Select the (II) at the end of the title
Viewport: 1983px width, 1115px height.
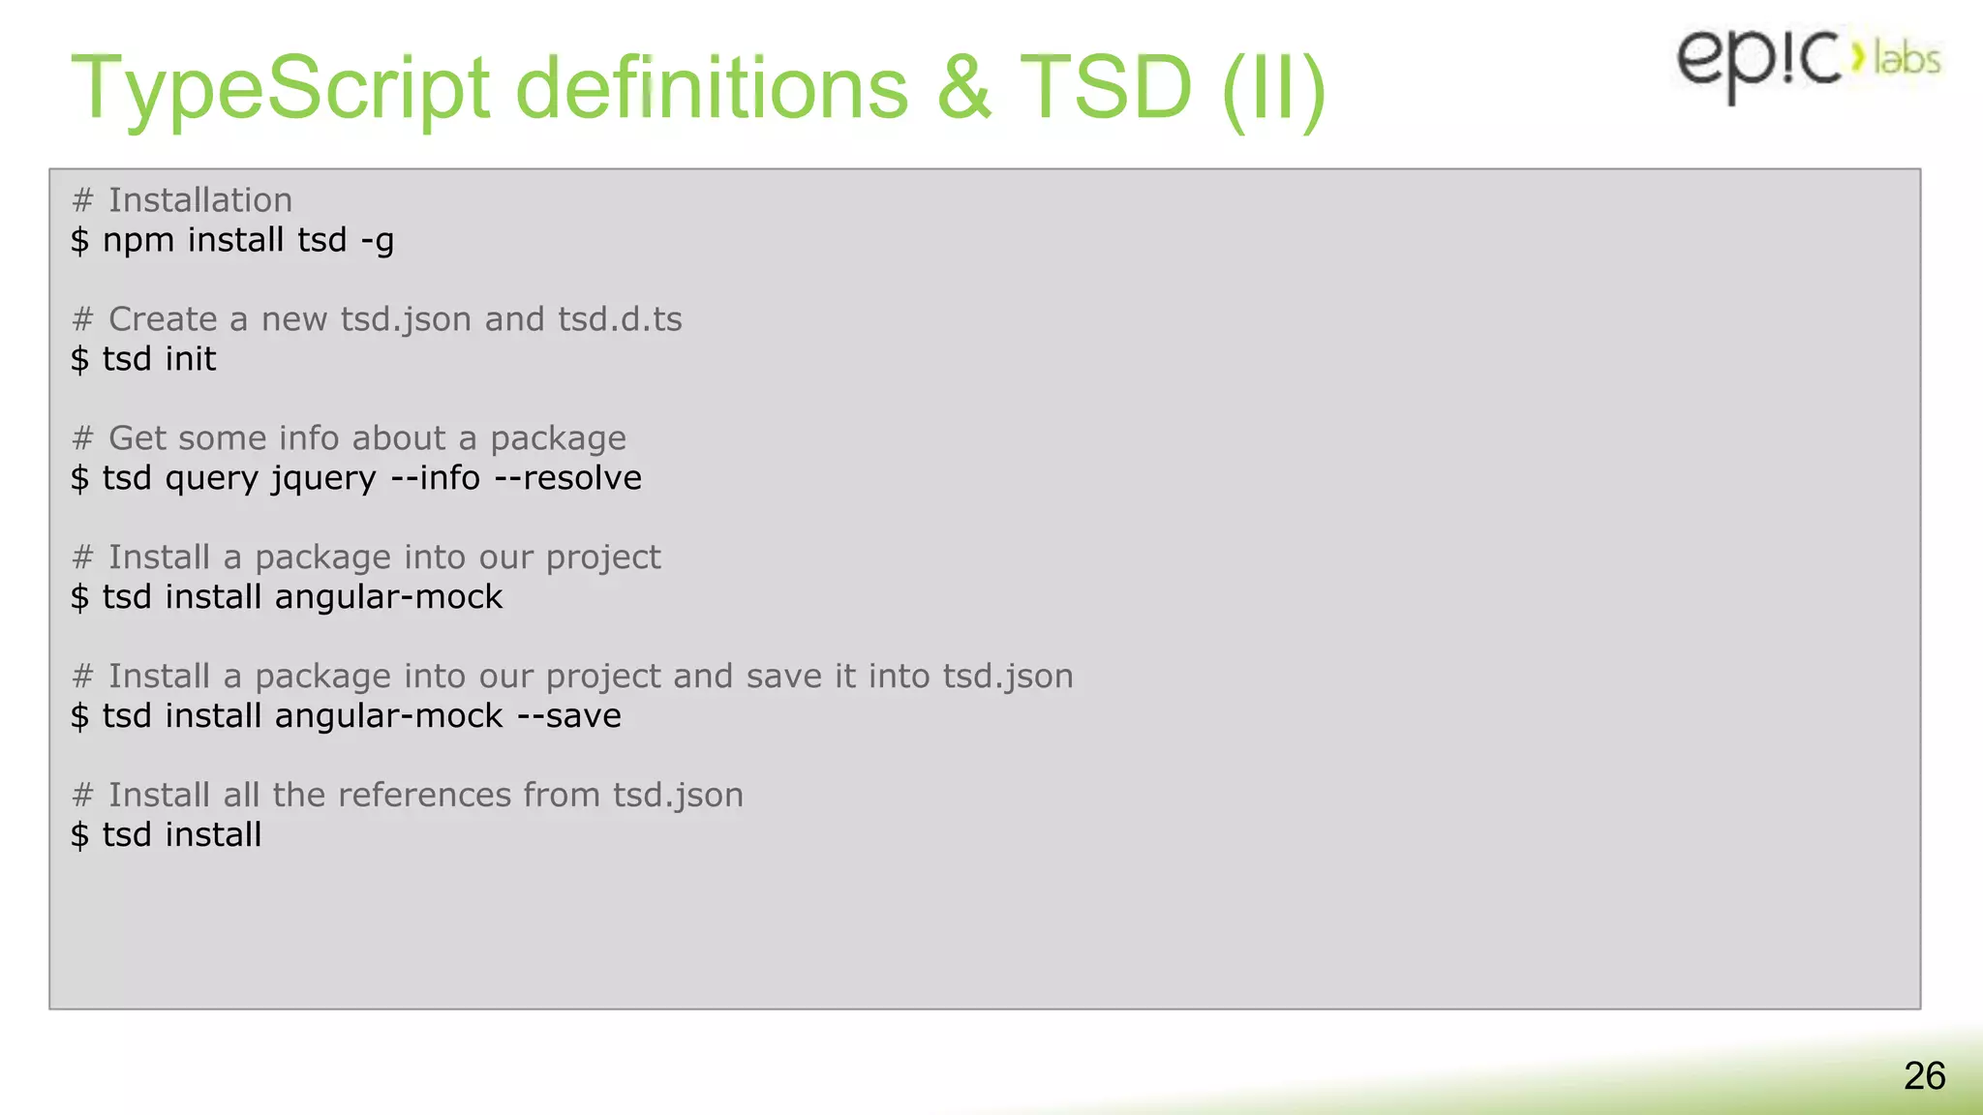(1273, 89)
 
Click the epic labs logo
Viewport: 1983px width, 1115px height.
(1807, 60)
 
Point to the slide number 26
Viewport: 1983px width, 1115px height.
(1924, 1076)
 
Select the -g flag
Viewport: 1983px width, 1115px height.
(378, 241)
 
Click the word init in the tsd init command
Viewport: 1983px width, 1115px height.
(191, 359)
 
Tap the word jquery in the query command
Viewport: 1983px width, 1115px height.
(323, 479)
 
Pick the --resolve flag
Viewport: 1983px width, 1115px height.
(568, 478)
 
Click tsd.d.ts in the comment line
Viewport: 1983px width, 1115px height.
(620, 319)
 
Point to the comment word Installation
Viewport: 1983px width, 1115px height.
(199, 200)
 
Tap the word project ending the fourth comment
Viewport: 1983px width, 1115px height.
(602, 558)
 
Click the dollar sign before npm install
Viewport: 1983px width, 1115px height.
(79, 240)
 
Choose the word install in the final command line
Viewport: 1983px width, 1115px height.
(213, 835)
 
